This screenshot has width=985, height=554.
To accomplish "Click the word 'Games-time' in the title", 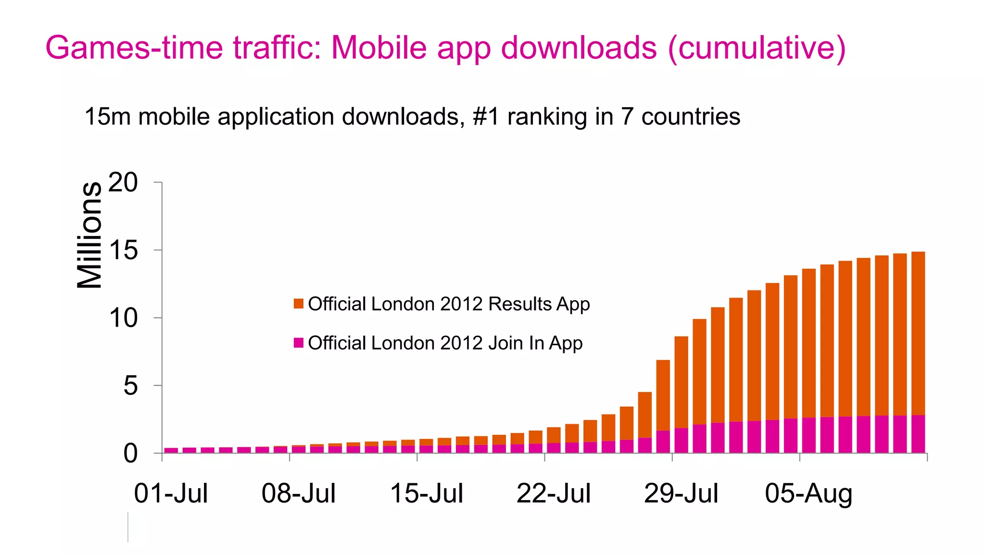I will [x=135, y=48].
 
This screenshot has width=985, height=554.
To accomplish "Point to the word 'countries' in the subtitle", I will [x=691, y=117].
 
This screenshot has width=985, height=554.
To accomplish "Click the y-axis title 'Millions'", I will [x=89, y=235].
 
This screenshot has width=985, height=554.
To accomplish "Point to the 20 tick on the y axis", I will [x=123, y=183].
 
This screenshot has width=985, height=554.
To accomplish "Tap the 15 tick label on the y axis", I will [x=123, y=251].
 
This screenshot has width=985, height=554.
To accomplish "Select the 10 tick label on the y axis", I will [x=123, y=318].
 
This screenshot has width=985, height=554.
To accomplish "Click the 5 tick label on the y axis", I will [x=130, y=386].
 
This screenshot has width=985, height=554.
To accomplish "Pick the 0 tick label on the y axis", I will [x=130, y=453].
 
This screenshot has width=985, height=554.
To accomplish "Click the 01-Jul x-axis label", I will [x=171, y=493].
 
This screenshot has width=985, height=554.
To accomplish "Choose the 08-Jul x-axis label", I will [x=298, y=493].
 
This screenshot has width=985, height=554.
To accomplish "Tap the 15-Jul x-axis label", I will [x=426, y=493].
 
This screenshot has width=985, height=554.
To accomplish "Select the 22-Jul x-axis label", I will [x=553, y=493].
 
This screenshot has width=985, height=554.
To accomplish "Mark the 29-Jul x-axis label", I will [x=681, y=493].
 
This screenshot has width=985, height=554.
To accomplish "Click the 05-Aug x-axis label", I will [x=808, y=493].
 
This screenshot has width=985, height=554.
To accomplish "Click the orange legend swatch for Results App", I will [x=298, y=304].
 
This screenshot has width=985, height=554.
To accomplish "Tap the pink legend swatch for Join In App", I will [x=298, y=343].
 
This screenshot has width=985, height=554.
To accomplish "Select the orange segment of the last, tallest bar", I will [x=918, y=332].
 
